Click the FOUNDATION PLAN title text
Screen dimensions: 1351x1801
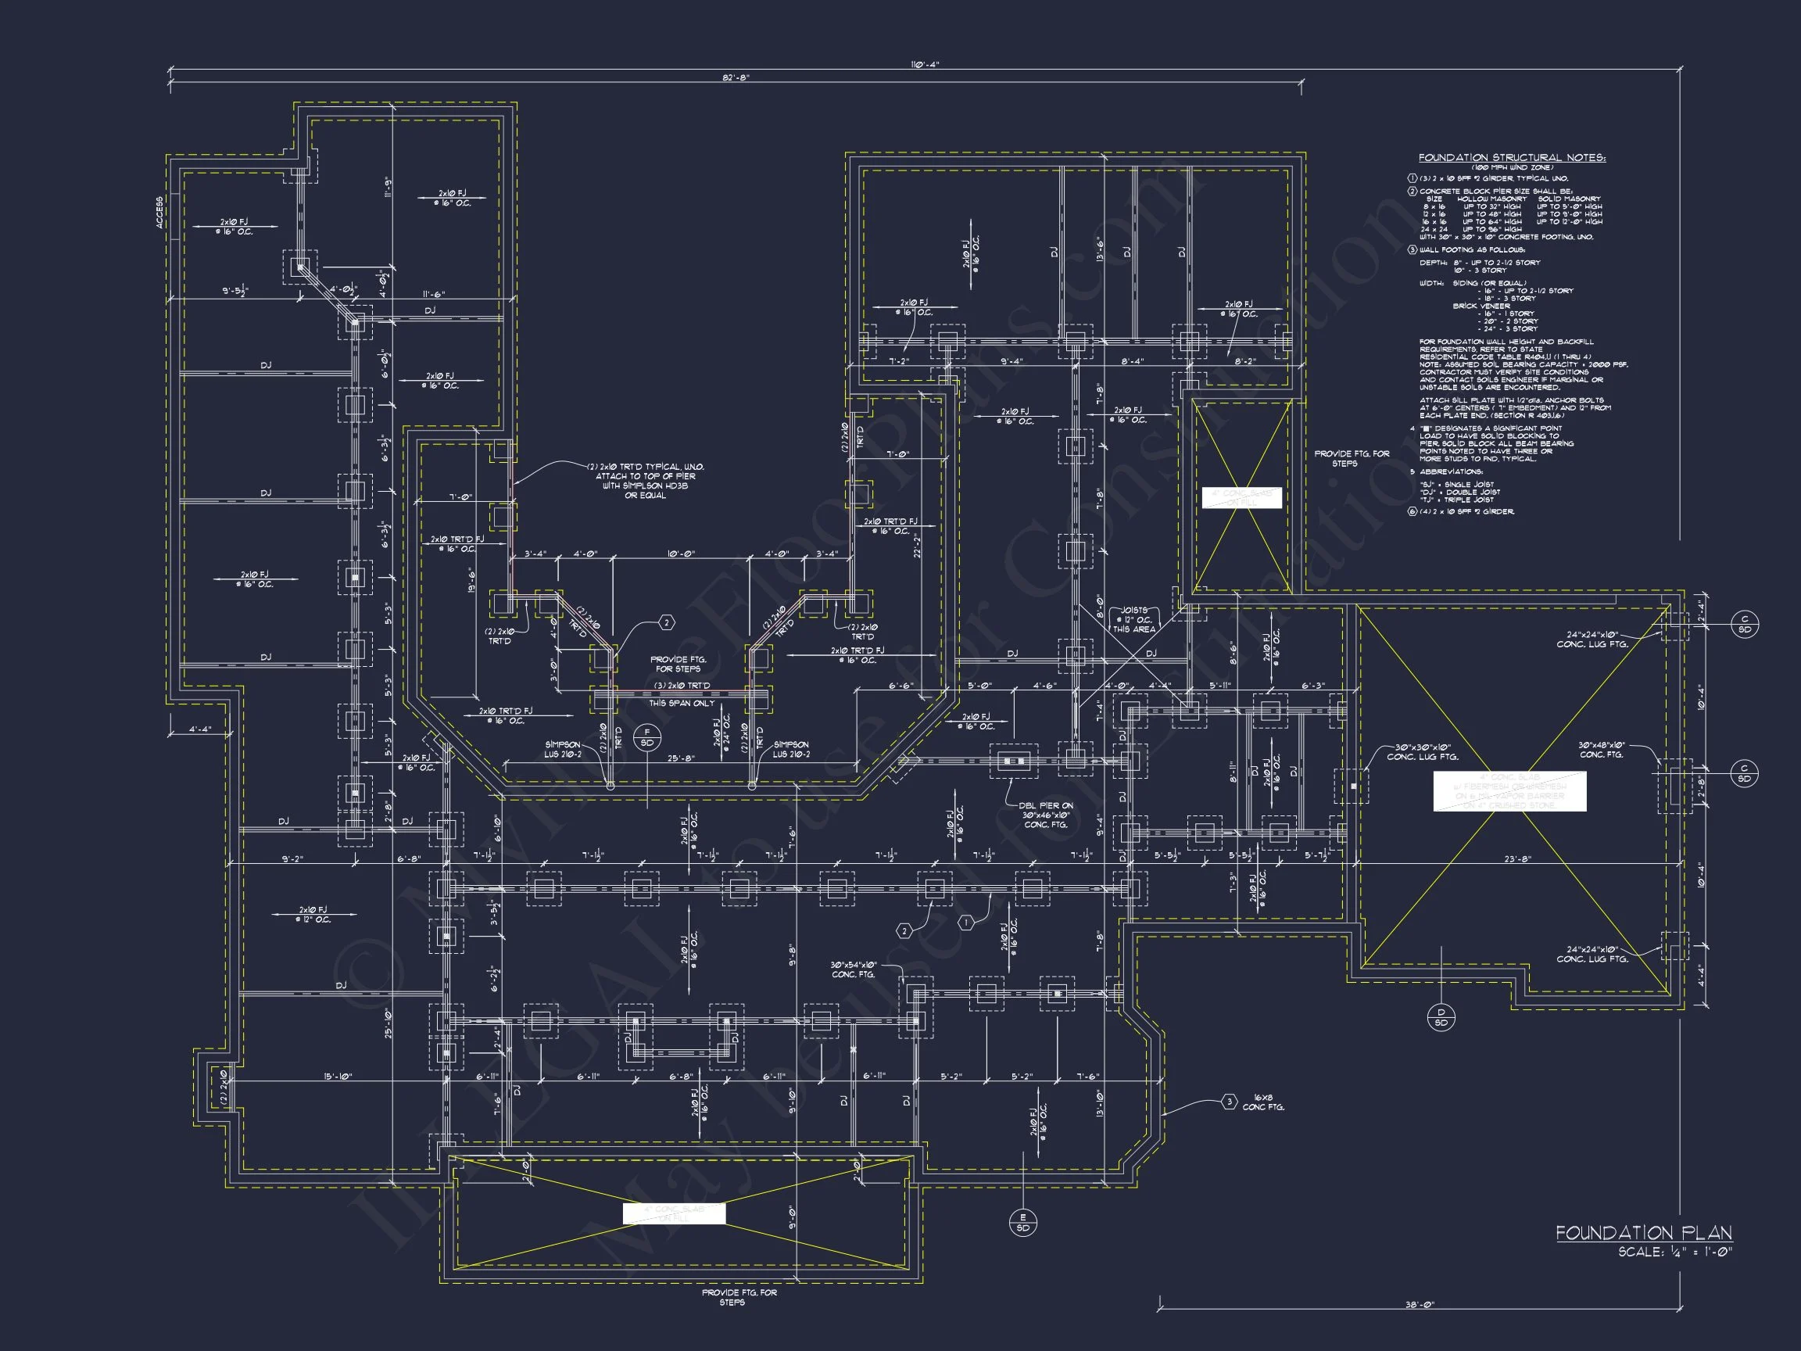(1644, 1233)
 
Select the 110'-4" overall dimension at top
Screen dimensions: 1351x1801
(925, 64)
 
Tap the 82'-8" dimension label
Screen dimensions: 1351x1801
(736, 77)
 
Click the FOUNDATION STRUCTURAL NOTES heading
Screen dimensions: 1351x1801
(1512, 158)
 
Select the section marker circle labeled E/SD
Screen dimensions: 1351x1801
(1022, 1222)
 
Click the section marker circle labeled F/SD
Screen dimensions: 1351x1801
(647, 737)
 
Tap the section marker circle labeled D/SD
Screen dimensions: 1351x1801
(1441, 1017)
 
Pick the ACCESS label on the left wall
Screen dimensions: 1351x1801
(160, 212)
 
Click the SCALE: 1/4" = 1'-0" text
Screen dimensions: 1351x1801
(1675, 1252)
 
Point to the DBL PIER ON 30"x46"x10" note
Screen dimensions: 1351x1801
(1045, 815)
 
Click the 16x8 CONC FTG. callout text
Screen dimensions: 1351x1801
(1263, 1102)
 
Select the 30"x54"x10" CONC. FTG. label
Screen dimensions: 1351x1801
(853, 969)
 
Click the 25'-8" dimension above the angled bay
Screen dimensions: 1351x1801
(681, 758)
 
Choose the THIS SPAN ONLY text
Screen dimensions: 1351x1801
(682, 703)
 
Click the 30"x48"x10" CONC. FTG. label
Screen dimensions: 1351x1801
(1602, 749)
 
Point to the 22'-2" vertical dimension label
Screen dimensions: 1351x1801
(918, 546)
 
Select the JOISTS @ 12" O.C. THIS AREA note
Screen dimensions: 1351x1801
(1134, 619)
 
